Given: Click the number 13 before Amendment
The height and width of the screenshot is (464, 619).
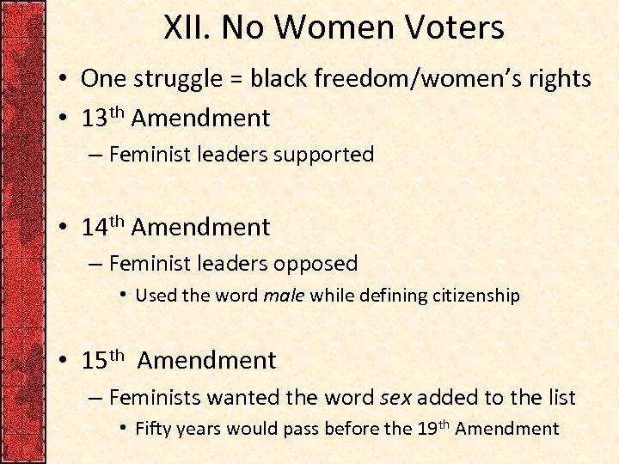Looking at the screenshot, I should [x=95, y=118].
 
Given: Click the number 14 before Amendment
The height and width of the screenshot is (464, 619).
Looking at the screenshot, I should [x=95, y=228].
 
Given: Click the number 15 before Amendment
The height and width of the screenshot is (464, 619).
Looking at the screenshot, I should [x=95, y=361].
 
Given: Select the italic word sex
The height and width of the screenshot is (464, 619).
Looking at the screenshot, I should [x=395, y=398].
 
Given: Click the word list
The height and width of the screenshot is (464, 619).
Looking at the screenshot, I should [x=559, y=398].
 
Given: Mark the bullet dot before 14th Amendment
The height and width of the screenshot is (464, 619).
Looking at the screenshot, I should [x=65, y=229].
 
